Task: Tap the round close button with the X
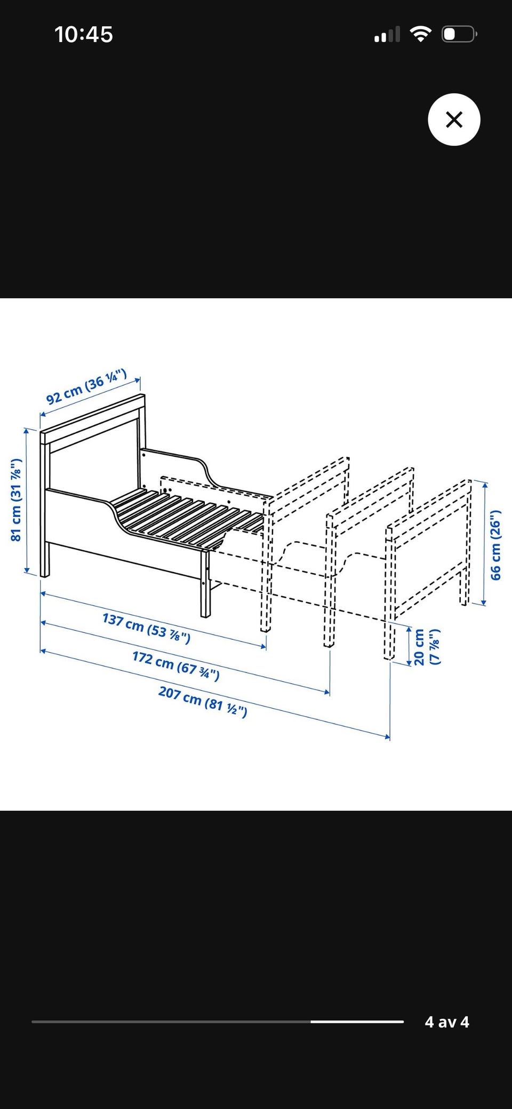click(454, 120)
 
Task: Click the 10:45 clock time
click(84, 35)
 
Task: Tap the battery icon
click(459, 34)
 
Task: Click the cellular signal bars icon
click(387, 35)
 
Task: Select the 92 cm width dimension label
click(86, 386)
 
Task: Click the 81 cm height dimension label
click(17, 500)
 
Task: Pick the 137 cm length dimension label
click(146, 628)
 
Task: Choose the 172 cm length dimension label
click(176, 665)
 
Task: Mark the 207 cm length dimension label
click(203, 702)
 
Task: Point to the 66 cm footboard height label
click(495, 545)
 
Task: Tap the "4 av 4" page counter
click(447, 1022)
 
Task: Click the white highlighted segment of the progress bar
click(357, 1021)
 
